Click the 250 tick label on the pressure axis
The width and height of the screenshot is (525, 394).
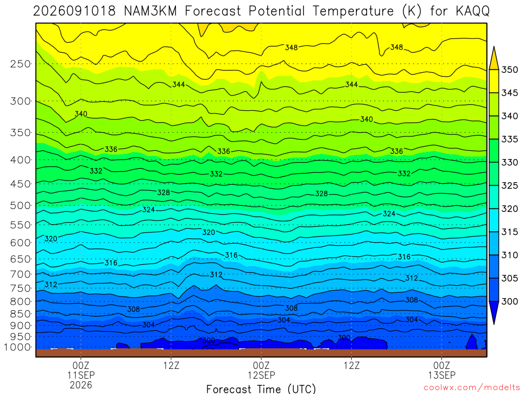click(21, 64)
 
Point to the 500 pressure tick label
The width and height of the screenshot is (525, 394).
click(21, 205)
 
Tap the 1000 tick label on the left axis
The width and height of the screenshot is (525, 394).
click(17, 347)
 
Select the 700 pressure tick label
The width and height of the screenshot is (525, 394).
click(21, 274)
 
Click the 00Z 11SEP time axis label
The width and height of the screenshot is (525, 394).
click(80, 370)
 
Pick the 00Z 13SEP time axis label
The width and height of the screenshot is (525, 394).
click(441, 370)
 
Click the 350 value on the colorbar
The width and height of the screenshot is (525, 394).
click(510, 70)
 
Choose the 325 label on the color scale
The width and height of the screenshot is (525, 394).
click(510, 186)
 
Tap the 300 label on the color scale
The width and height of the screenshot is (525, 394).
click(510, 302)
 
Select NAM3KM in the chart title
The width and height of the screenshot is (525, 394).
click(150, 11)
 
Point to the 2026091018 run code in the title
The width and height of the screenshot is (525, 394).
click(74, 11)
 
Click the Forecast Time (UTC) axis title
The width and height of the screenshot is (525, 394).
click(261, 389)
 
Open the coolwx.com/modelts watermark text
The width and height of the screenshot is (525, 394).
click(472, 388)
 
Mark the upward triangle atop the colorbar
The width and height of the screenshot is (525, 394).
click(494, 57)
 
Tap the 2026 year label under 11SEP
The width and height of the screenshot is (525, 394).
click(80, 385)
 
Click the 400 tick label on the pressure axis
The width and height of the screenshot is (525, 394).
click(21, 160)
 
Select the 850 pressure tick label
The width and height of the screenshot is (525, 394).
click(21, 314)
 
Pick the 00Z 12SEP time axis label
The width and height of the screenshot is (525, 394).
click(261, 370)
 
